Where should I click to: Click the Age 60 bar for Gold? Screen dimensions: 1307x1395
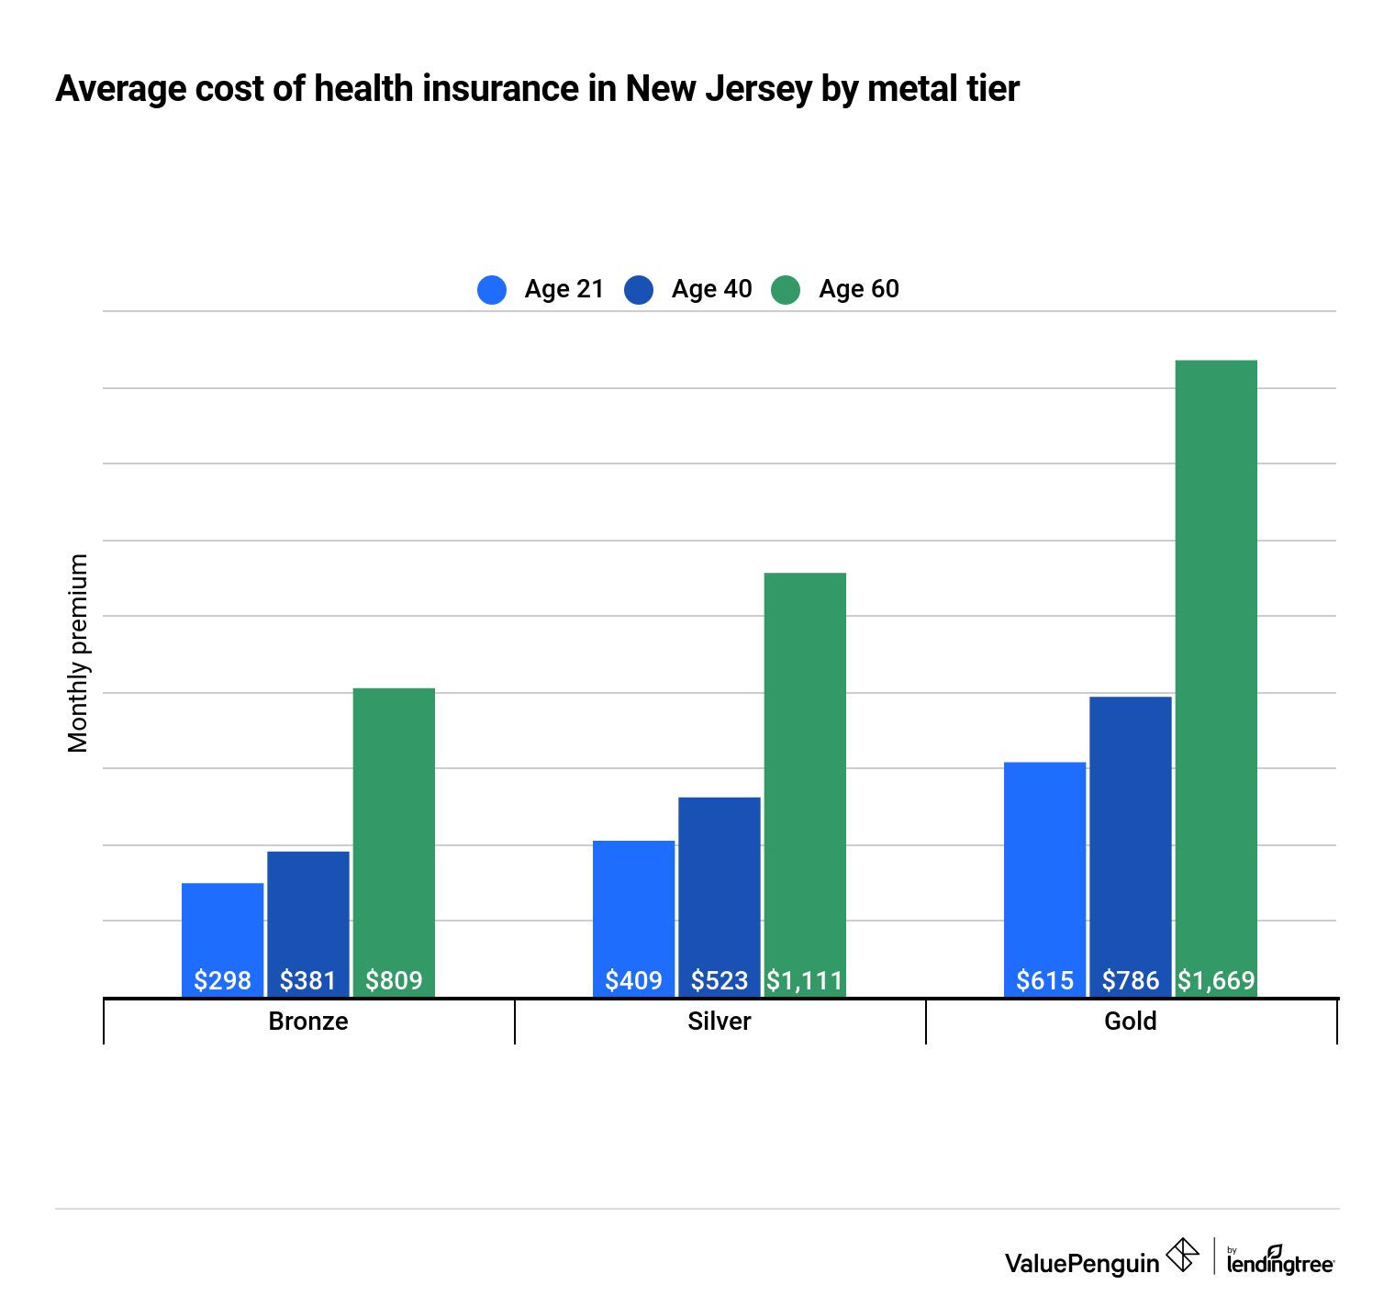[1216, 661]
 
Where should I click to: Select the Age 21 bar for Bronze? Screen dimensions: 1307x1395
[222, 927]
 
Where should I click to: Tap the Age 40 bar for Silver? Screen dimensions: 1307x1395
[719, 881]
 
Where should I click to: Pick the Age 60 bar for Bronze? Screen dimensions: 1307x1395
[394, 826]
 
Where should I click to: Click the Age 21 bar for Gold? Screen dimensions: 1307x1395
[1044, 863]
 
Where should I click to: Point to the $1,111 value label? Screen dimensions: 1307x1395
[805, 980]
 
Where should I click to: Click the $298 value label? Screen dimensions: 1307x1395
[222, 980]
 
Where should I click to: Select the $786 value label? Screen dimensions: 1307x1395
[1130, 980]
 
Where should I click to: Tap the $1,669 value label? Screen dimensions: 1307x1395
[1216, 980]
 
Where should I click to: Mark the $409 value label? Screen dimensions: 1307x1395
[633, 980]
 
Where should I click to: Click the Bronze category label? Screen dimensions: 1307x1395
[308, 1022]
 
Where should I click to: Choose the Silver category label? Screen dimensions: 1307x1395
[719, 1022]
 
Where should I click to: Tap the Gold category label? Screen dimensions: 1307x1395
[1130, 1022]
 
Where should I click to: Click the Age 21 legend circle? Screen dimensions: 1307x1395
[492, 290]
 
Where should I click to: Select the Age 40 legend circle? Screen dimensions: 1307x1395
[639, 290]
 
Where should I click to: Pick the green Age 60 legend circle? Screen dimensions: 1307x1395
[786, 290]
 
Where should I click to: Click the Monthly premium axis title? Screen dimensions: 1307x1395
[79, 653]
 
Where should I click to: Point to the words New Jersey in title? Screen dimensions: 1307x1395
[719, 89]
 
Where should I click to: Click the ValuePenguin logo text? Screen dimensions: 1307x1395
[1081, 1263]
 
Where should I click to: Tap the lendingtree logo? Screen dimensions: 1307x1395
[1280, 1261]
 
